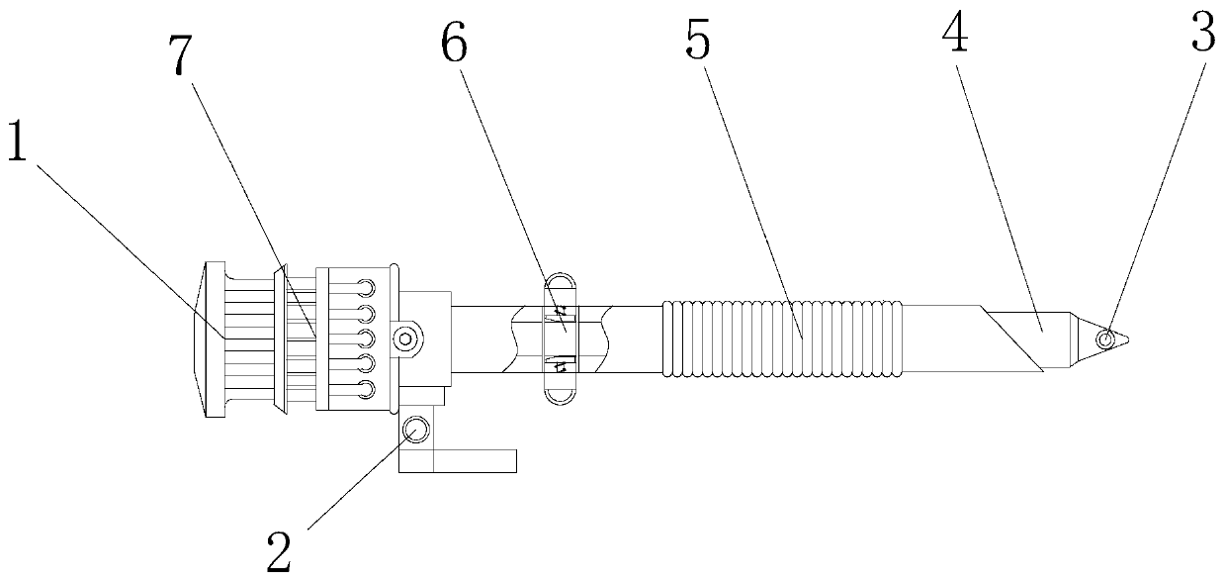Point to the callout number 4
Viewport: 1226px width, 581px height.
coord(954,37)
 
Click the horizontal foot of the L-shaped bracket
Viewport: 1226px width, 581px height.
coord(475,460)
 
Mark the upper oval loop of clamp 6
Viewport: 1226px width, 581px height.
coord(561,286)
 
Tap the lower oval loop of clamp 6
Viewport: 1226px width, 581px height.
coord(560,392)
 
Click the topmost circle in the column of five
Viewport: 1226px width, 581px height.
coord(367,288)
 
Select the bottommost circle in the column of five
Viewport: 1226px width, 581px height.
coord(367,389)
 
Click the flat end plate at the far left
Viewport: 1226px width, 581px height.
coord(212,340)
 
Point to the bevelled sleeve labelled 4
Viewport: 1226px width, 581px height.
coord(1028,338)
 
